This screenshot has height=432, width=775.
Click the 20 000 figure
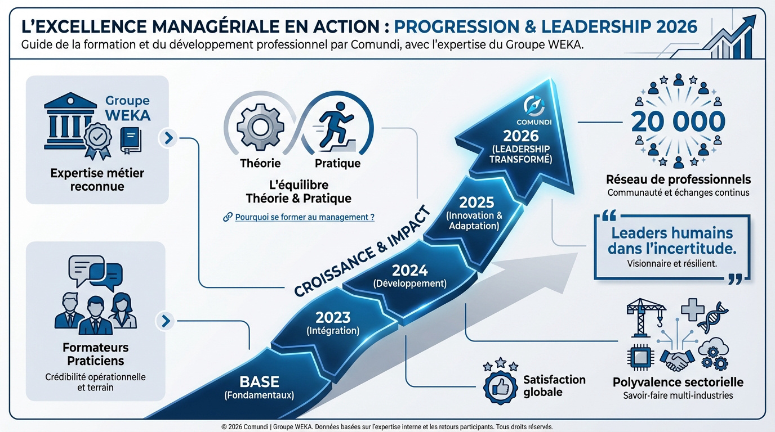point(678,122)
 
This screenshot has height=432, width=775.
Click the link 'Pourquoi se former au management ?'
point(305,217)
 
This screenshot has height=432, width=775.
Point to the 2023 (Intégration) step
point(333,323)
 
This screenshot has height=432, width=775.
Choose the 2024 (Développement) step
point(409,276)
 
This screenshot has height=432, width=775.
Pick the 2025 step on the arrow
point(474,212)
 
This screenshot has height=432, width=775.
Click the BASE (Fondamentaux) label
point(259,387)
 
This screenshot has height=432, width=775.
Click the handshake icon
point(676,359)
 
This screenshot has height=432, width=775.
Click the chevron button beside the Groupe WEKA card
point(168,137)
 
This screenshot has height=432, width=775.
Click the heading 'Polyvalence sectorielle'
point(678,382)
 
